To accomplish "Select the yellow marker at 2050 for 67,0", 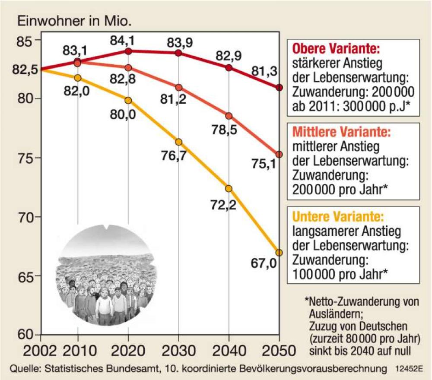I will click(x=279, y=252).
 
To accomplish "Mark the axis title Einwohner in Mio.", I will click(x=73, y=20).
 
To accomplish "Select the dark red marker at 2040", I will click(x=229, y=68).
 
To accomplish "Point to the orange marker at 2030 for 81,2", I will click(x=178, y=87).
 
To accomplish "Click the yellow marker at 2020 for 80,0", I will click(x=128, y=100).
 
